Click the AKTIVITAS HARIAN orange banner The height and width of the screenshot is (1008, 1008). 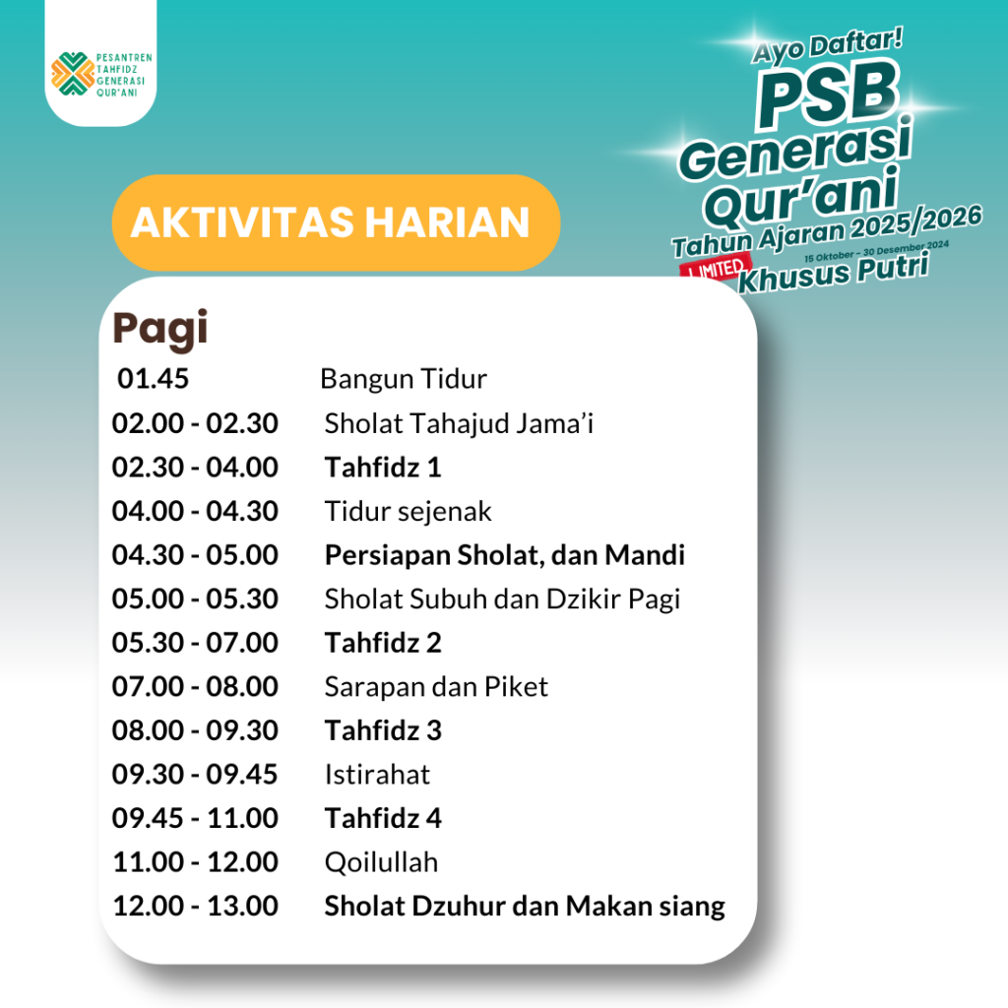click(336, 222)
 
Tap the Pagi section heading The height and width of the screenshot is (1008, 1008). click(160, 329)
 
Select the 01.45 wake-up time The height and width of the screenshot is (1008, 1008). click(153, 379)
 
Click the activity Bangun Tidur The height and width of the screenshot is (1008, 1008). click(403, 379)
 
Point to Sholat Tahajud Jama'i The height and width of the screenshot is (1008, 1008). click(459, 423)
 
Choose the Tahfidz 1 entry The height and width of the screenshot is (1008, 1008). click(383, 468)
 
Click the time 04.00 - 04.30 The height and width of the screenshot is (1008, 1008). click(195, 511)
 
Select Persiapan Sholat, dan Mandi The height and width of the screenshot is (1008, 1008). click(505, 555)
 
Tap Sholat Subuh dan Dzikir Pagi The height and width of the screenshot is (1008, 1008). click(502, 599)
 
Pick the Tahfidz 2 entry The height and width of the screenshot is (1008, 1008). click(383, 643)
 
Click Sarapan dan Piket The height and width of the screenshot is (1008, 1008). click(436, 687)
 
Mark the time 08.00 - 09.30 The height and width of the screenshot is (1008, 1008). click(195, 730)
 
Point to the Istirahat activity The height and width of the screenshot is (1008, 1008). click(377, 775)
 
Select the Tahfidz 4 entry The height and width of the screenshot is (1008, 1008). click(383, 818)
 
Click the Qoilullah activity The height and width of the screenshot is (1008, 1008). click(381, 862)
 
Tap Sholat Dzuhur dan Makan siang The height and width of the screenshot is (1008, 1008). click(525, 907)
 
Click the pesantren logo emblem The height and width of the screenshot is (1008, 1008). click(73, 74)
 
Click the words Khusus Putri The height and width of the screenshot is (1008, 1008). click(834, 273)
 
